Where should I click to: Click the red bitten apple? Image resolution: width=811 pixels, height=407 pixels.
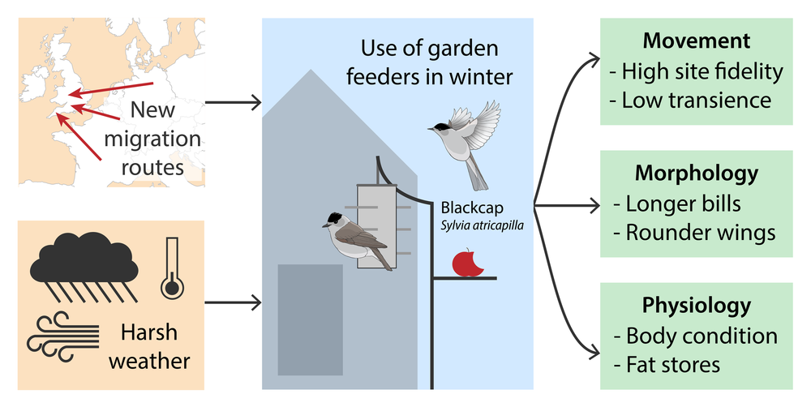tap(466, 263)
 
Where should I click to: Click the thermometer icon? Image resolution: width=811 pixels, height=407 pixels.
tap(171, 265)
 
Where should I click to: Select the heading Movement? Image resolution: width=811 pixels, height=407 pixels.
tap(695, 41)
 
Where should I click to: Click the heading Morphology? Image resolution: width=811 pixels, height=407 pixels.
tap(695, 173)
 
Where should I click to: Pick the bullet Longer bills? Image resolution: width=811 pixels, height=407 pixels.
tap(683, 203)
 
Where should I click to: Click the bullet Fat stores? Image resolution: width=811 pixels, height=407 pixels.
tap(667, 364)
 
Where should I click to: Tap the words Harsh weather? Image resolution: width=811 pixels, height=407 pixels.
tap(148, 347)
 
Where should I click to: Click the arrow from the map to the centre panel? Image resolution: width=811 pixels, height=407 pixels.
tap(233, 103)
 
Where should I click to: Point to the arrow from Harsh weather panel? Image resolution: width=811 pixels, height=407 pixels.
tap(233, 303)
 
